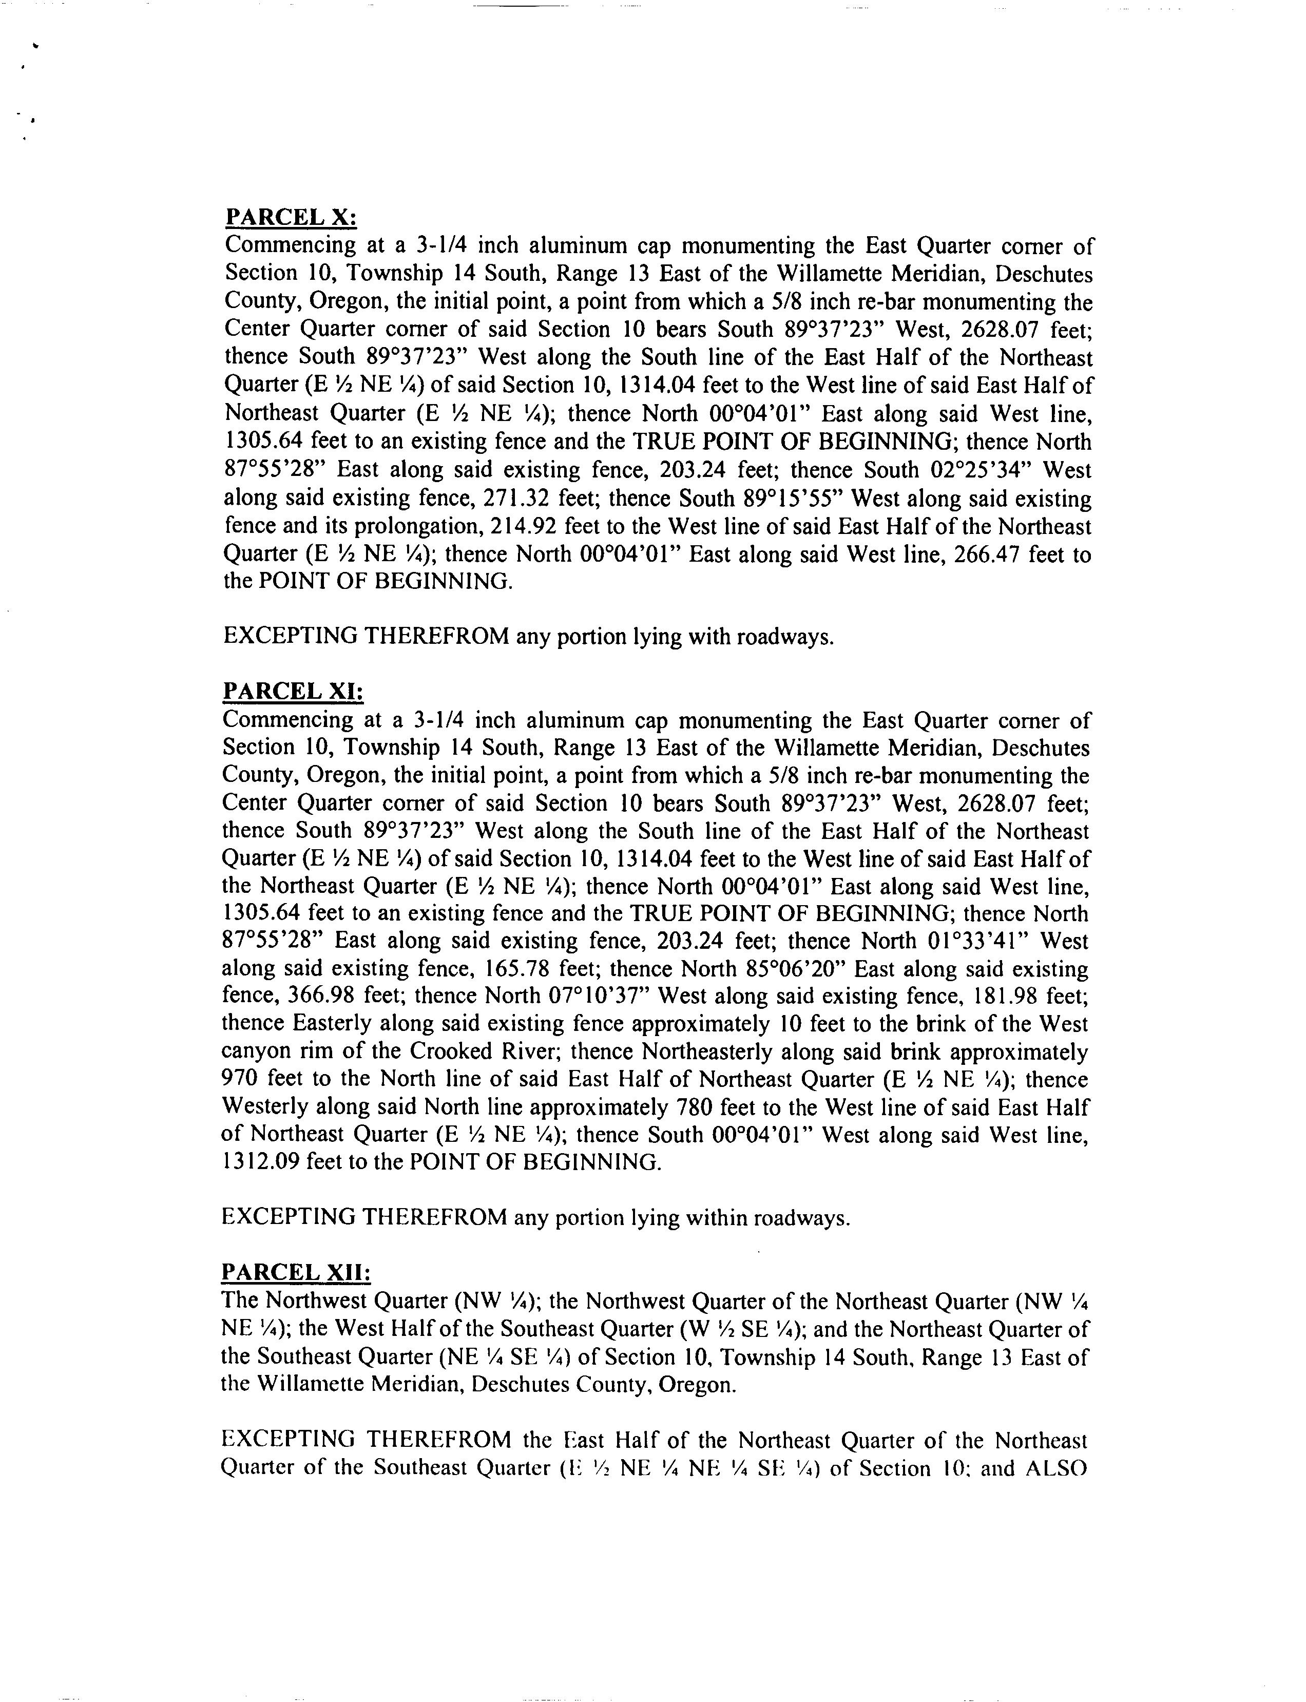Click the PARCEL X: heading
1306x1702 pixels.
[x=291, y=217]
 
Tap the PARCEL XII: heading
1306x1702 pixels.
[x=296, y=1272]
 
